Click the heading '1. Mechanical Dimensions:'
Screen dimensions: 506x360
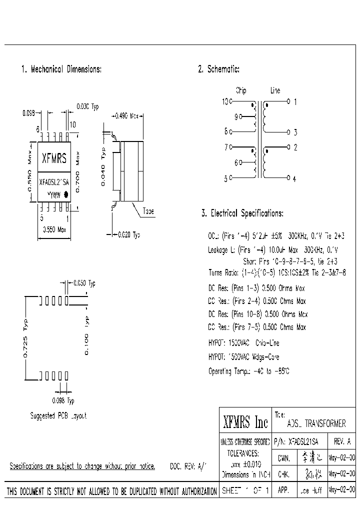[x=61, y=69]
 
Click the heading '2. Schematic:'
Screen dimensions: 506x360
[x=219, y=69]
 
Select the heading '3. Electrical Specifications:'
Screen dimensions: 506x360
[x=242, y=213]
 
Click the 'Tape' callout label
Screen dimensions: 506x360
[x=148, y=211]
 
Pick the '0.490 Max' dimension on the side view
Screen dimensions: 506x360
[x=128, y=116]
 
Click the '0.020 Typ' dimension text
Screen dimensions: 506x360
[x=128, y=234]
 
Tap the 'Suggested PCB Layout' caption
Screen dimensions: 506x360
[x=58, y=416]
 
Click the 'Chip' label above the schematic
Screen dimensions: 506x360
[x=241, y=91]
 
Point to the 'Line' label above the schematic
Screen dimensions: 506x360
[x=275, y=91]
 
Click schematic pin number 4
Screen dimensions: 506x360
[x=294, y=179]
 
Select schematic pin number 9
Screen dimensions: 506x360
[x=236, y=117]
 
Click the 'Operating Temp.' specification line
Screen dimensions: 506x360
[x=249, y=371]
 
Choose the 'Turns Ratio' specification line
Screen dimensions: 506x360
[x=277, y=272]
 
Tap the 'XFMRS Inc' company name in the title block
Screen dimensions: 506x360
[x=245, y=423]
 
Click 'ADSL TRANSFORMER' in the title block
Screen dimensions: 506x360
[x=316, y=423]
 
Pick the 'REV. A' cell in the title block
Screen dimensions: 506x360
[x=341, y=441]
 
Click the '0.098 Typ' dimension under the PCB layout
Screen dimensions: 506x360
[x=63, y=400]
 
